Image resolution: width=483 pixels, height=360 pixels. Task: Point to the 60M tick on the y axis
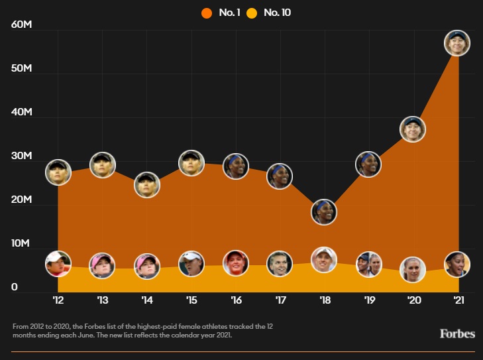[22, 25]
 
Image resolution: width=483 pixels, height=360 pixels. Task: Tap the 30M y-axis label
[22, 156]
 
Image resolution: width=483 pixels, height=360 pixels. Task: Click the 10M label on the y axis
[22, 245]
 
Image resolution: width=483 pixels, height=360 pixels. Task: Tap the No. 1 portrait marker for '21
[457, 42]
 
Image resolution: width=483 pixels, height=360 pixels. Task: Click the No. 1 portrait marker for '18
[324, 211]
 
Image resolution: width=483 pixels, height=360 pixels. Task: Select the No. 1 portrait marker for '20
[413, 129]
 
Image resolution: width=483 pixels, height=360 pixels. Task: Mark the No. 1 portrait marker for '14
[146, 184]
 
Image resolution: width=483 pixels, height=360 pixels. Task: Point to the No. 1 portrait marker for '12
[58, 172]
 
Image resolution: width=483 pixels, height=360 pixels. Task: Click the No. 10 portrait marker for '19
[368, 265]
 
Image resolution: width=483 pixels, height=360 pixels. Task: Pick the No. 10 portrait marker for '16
[235, 263]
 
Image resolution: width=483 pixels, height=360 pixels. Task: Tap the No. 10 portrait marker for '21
[457, 264]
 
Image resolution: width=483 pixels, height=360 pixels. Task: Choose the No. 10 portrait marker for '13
[102, 265]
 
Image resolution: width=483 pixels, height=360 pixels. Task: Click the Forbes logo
[457, 333]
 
